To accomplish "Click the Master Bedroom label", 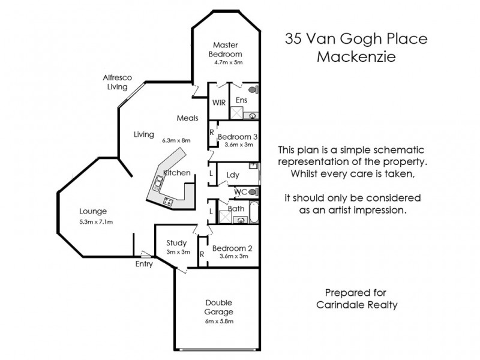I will [x=225, y=49].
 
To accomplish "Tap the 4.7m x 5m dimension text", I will [x=225, y=62].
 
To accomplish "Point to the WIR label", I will [x=218, y=103].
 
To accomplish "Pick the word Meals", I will [x=187, y=118].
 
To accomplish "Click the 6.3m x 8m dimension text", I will [x=176, y=140].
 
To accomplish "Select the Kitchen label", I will [x=177, y=173].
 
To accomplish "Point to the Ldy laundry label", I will [x=233, y=175].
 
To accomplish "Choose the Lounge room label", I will [x=93, y=211].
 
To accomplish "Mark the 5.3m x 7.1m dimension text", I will [x=96, y=222].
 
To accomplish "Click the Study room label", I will [x=177, y=243].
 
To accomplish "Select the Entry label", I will [x=144, y=263].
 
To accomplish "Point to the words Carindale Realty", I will [x=356, y=304].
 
